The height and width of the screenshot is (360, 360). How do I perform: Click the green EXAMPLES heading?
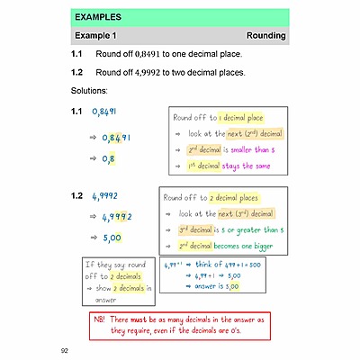point(98,16)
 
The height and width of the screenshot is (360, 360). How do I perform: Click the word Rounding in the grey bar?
point(265,36)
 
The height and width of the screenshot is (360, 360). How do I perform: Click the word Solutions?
point(89,91)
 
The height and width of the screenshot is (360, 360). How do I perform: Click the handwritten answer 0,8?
point(108,159)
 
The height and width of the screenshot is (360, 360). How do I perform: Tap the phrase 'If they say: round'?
point(118,265)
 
